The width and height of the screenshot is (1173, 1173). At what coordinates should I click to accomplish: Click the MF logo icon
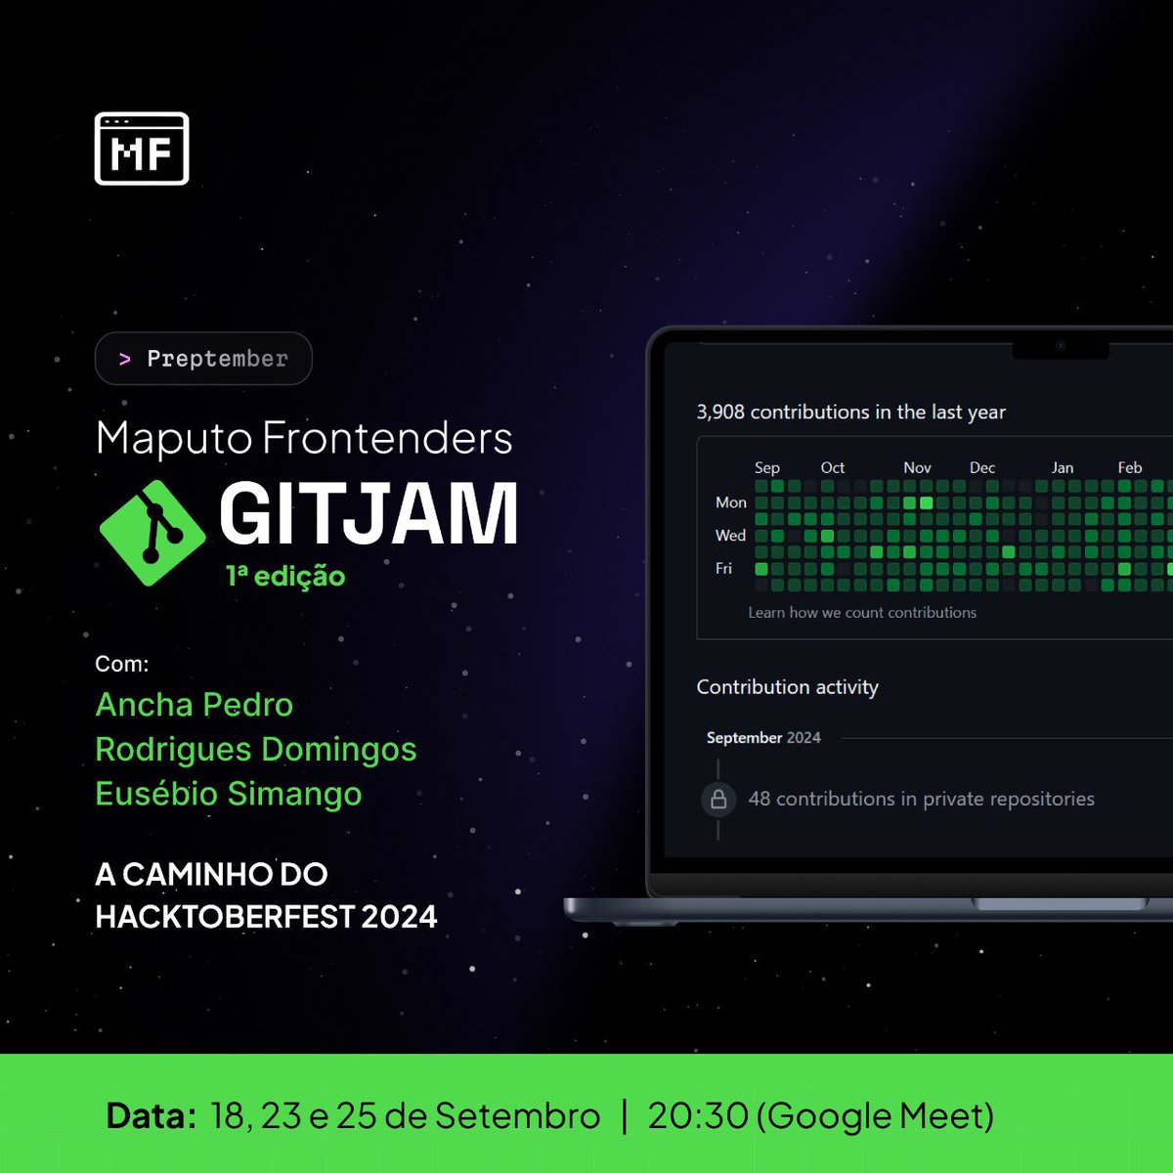(142, 150)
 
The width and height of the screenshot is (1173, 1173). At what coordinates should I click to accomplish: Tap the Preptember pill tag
(203, 359)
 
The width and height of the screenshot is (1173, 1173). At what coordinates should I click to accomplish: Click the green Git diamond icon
(152, 533)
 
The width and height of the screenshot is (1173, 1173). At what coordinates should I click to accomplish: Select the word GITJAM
(369, 514)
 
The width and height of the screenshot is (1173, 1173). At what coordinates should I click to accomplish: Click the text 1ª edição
(285, 576)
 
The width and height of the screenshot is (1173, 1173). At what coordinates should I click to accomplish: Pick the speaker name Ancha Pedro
(195, 705)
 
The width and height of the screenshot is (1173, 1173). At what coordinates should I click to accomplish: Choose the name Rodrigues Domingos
(256, 750)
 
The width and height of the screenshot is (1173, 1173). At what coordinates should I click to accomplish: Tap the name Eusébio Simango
(229, 794)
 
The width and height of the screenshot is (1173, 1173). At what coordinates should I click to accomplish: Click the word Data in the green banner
(152, 1115)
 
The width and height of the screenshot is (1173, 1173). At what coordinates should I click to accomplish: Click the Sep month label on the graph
(767, 468)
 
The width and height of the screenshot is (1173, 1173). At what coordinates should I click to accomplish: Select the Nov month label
(917, 468)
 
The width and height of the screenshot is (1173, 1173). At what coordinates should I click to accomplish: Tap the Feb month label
(1130, 468)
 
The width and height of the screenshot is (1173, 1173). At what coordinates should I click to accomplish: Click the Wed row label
(730, 536)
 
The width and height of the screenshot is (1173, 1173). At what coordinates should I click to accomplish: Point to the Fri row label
(723, 568)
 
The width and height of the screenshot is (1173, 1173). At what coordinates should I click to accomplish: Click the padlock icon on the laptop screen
(718, 799)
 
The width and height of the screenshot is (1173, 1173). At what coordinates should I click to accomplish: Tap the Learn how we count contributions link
(862, 613)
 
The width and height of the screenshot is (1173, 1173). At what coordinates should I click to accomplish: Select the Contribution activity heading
(787, 687)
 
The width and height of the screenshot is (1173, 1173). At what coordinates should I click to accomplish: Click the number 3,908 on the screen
(720, 413)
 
